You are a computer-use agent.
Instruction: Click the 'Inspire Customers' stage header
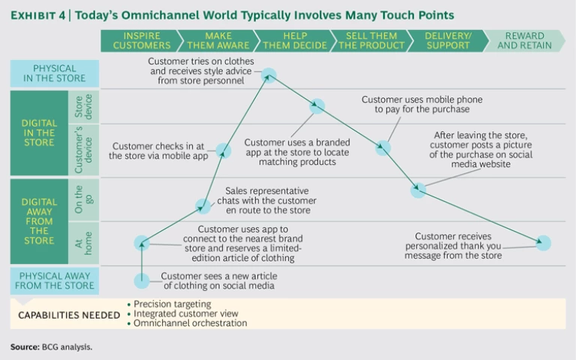[x=141, y=40]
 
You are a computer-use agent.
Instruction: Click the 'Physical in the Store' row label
[x=54, y=73]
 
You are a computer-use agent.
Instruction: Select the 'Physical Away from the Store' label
[x=54, y=280]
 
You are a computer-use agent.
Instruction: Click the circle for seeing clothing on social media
[x=142, y=281]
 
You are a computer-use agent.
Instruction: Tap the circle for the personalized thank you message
[x=544, y=243]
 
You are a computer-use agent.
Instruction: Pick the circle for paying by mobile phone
[x=383, y=148]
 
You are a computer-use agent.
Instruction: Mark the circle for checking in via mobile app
[x=223, y=151]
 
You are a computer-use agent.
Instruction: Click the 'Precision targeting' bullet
[x=172, y=304]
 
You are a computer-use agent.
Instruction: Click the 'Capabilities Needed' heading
[x=70, y=314]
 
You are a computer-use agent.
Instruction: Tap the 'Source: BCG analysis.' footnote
[x=51, y=347]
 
